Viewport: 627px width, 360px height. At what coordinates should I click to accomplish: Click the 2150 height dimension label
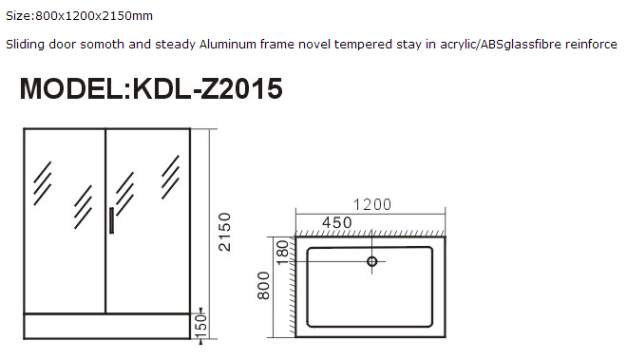point(225,232)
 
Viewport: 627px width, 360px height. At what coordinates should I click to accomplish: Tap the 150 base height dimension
point(201,325)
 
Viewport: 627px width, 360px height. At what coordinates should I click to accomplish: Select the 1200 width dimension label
point(372,204)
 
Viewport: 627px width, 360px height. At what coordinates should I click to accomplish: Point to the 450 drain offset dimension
point(337,222)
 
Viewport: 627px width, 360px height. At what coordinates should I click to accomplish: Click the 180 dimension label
point(282,253)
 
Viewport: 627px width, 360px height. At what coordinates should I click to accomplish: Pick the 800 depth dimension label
point(264,286)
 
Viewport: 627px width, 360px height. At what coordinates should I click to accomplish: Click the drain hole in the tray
point(371,261)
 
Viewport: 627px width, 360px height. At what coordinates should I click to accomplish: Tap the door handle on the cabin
point(111,220)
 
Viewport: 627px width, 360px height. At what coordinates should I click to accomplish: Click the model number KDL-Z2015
point(207,88)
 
